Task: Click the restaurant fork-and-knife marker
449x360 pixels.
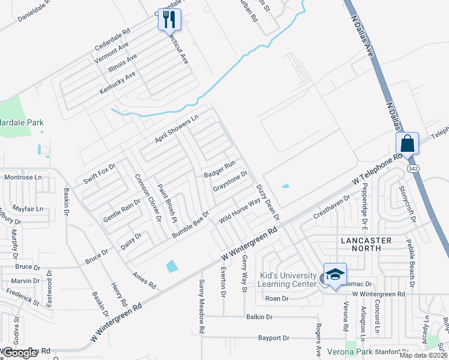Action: [x=169, y=20]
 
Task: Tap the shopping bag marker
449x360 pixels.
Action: [x=407, y=145]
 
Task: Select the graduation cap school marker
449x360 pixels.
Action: [x=335, y=275]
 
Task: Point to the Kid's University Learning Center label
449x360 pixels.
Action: [x=288, y=280]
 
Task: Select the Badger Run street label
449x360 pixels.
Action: [x=220, y=169]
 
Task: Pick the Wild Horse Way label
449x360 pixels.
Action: [x=240, y=210]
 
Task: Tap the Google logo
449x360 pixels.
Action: [x=20, y=353]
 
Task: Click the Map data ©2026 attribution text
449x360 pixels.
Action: [x=423, y=355]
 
